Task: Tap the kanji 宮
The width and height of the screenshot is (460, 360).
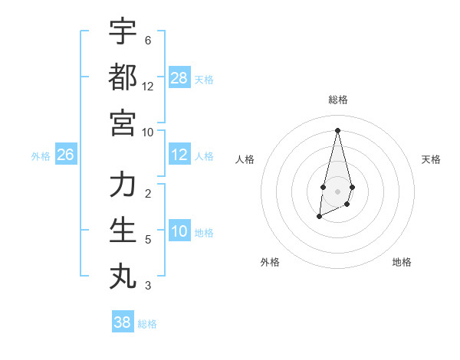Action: [x=123, y=122]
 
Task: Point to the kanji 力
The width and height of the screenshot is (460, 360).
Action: [x=123, y=185]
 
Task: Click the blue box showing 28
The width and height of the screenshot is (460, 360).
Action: [x=179, y=78]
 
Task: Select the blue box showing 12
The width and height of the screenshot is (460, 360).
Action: [x=179, y=155]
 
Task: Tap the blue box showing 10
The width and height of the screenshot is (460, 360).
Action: [x=179, y=232]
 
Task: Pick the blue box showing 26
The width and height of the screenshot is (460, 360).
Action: [x=65, y=155]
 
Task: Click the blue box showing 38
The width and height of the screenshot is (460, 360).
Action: [x=123, y=322]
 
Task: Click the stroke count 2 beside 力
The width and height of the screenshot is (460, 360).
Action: [x=147, y=193]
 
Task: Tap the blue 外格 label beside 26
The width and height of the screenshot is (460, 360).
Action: [x=41, y=156]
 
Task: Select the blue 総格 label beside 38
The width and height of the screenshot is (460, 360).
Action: [x=147, y=324]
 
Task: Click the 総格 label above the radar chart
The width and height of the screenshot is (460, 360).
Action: [x=337, y=100]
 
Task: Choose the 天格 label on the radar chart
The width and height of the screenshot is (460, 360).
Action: [x=431, y=159]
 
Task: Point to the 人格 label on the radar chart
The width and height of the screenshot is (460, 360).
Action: [x=245, y=159]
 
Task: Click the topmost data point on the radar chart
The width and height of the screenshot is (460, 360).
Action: [x=337, y=130]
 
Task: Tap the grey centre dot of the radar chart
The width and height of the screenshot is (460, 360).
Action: [x=337, y=191]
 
